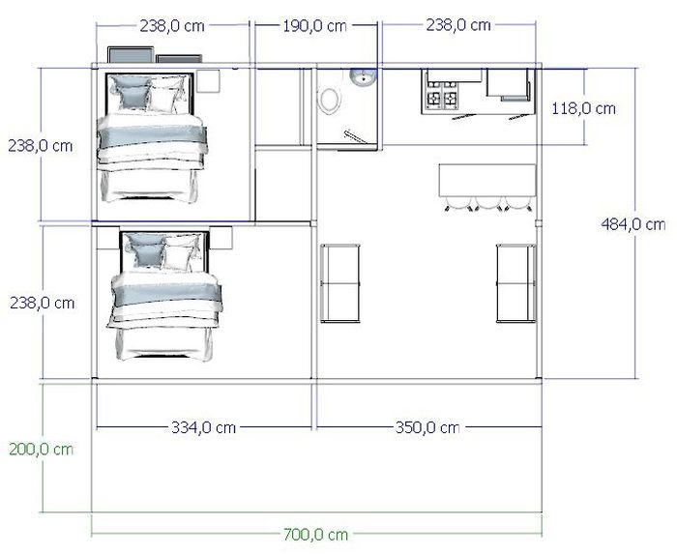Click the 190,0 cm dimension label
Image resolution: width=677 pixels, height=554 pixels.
[314, 26]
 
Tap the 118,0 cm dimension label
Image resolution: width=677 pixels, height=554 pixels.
[583, 108]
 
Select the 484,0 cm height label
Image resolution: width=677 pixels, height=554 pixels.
[633, 224]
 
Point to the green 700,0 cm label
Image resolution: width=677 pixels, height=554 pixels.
[315, 535]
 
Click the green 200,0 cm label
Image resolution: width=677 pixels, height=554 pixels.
[41, 450]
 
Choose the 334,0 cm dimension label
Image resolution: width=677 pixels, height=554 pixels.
[203, 427]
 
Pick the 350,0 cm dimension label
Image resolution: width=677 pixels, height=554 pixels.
[427, 427]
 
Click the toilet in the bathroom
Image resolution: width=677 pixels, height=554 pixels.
[329, 101]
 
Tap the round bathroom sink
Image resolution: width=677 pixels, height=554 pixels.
[363, 77]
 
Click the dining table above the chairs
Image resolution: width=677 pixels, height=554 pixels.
[487, 181]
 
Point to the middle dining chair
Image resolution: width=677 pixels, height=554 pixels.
[488, 203]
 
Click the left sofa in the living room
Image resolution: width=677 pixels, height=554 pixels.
[340, 283]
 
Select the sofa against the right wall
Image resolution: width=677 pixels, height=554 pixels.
[516, 283]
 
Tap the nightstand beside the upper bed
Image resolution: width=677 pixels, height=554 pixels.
[209, 80]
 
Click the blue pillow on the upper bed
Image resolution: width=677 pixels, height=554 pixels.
[131, 92]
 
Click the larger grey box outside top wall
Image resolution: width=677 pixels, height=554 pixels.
[131, 55]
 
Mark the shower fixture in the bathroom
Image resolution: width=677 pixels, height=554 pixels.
[355, 136]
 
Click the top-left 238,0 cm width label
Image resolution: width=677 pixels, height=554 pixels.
[172, 26]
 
